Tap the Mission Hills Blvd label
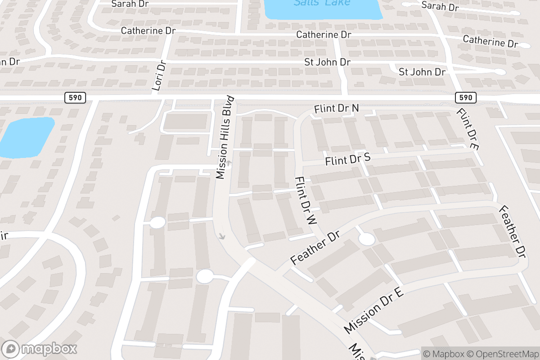[x=225, y=137]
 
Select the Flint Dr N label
[x=337, y=108]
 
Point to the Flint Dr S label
[x=348, y=159]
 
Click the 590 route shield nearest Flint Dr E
[x=466, y=97]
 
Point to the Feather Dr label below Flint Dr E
[x=513, y=231]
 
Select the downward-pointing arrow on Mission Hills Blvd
[x=221, y=235]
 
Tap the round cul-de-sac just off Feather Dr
[x=367, y=239]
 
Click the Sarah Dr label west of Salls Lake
[x=130, y=4]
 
